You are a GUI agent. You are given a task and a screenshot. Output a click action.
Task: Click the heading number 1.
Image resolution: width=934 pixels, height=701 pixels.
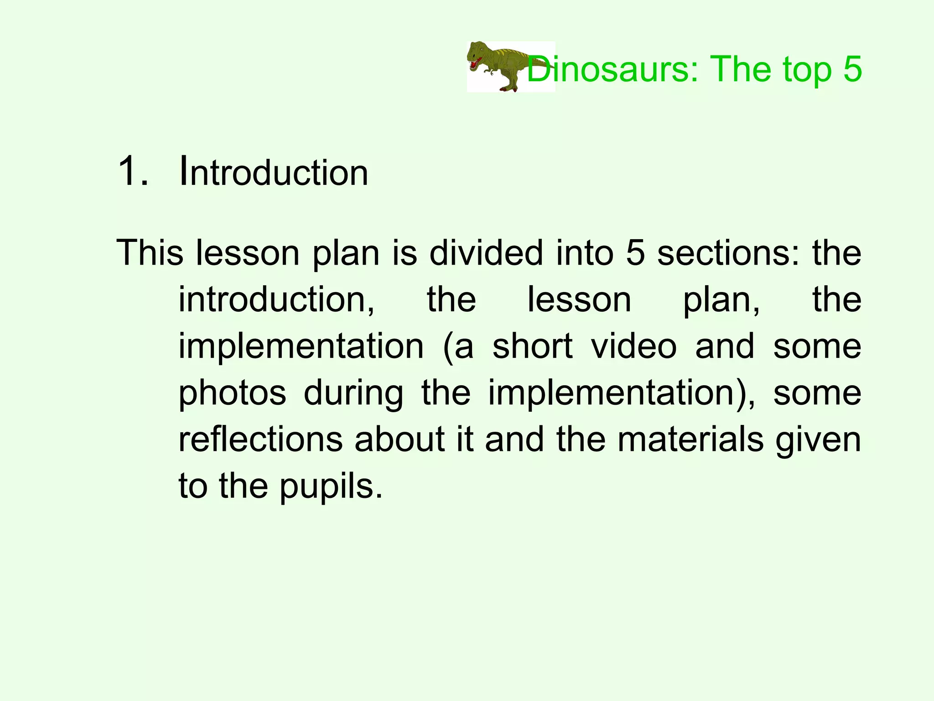coord(133,172)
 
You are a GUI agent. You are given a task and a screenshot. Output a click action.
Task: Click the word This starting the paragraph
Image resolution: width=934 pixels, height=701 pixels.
coord(150,252)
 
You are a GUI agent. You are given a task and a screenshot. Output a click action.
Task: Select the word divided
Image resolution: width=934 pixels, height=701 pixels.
coord(486,252)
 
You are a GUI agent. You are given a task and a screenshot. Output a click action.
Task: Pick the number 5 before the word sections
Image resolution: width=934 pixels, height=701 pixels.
coord(635,252)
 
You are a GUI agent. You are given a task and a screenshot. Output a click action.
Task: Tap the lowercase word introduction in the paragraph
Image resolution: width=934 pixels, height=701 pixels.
coord(276,299)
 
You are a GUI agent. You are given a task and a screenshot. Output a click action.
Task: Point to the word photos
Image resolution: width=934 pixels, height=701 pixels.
coord(232,393)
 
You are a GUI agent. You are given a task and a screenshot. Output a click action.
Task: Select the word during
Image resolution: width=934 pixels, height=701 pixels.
coord(353,393)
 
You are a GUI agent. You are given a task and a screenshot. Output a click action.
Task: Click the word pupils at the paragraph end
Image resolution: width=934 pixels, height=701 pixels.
coord(330,487)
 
